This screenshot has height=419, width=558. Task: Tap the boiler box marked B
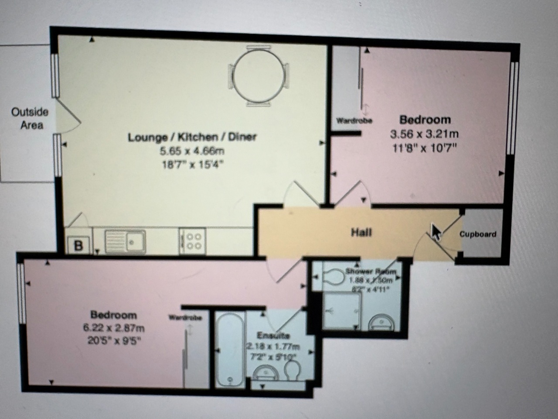pos(78,245)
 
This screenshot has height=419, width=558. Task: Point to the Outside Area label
pos(30,118)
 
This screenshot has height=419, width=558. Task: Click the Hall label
pos(361,232)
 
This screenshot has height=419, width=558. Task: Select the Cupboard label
pos(478,234)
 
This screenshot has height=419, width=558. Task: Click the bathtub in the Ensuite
pos(229,349)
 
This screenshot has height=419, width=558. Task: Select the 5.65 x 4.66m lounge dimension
pos(192,151)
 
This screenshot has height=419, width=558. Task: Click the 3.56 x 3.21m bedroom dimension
pos(424,134)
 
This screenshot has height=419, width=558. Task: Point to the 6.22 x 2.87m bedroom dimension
pos(113,328)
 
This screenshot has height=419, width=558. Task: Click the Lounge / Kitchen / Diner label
pos(192,137)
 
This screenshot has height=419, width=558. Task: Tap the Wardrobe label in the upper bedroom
pos(354,120)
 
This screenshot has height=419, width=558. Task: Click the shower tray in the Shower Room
pos(341,311)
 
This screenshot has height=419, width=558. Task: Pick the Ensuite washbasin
pos(266,374)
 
